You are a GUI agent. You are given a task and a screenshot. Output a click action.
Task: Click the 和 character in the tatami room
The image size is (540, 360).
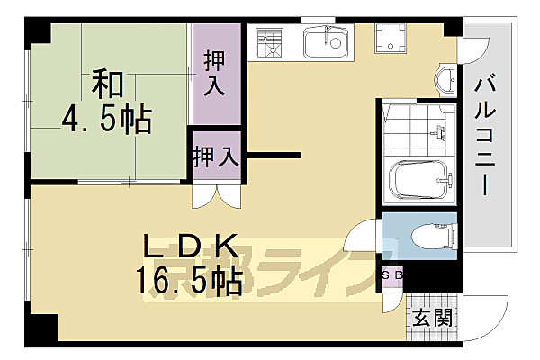pos(105,85)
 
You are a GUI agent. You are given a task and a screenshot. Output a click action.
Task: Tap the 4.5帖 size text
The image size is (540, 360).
pos(106,118)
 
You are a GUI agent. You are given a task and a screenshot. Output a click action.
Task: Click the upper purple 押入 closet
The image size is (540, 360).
pos(217,75)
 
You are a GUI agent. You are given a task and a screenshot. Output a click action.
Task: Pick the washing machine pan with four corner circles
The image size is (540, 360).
pos(392,39)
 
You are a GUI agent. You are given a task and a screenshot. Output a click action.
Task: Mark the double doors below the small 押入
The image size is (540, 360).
pos(217,195)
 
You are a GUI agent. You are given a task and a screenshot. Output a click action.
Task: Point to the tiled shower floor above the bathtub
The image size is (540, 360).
pos(416,130)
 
